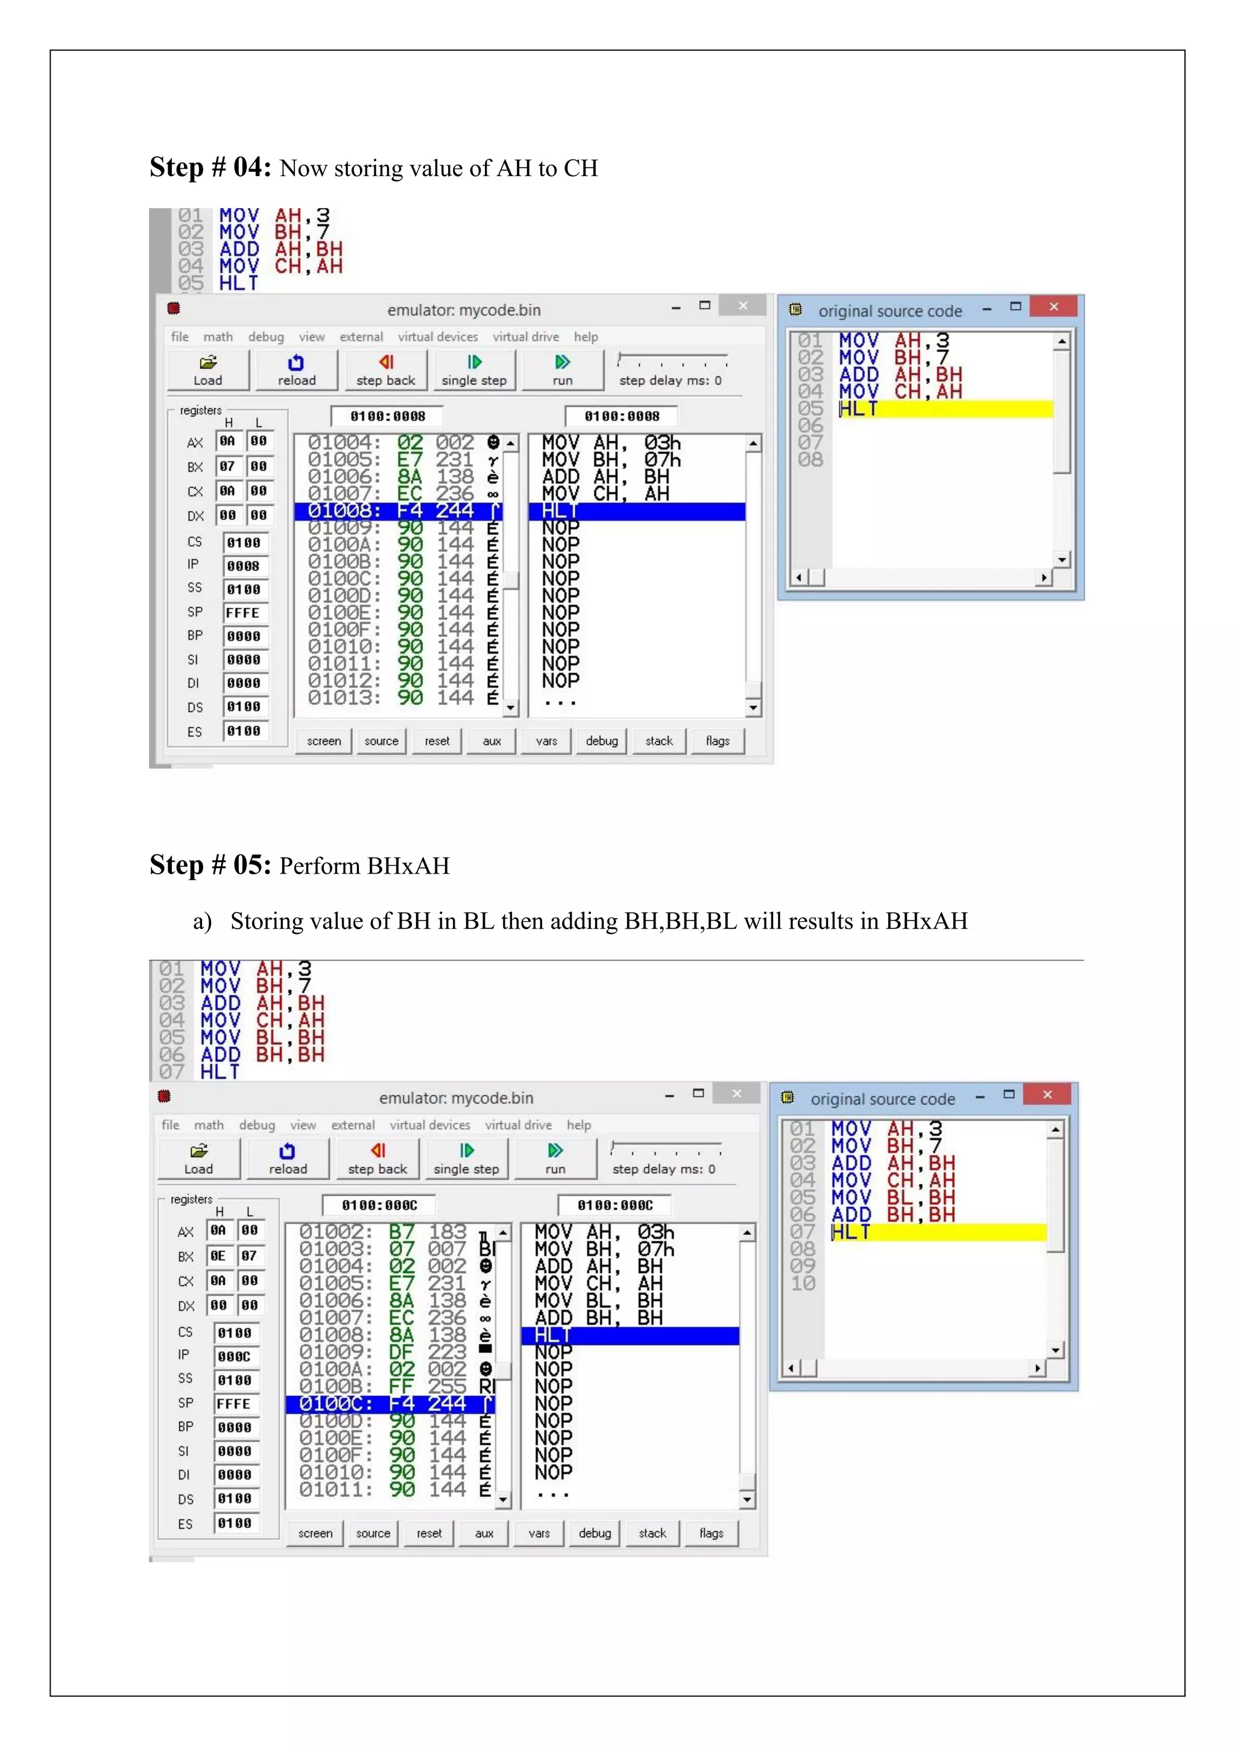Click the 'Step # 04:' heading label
click(x=210, y=167)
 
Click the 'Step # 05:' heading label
click(x=210, y=865)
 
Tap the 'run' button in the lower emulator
click(x=555, y=1159)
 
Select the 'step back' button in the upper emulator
click(x=385, y=370)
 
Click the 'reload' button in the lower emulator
click(x=288, y=1159)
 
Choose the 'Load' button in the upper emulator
click(x=207, y=370)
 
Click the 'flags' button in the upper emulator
click(x=717, y=741)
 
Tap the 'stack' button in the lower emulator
click(x=652, y=1533)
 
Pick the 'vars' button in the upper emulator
click(x=546, y=741)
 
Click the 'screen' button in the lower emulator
click(x=315, y=1533)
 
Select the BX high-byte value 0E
click(x=218, y=1255)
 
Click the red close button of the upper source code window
click(x=1053, y=306)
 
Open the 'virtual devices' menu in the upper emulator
click(x=438, y=337)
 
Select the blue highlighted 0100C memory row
click(x=390, y=1404)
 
